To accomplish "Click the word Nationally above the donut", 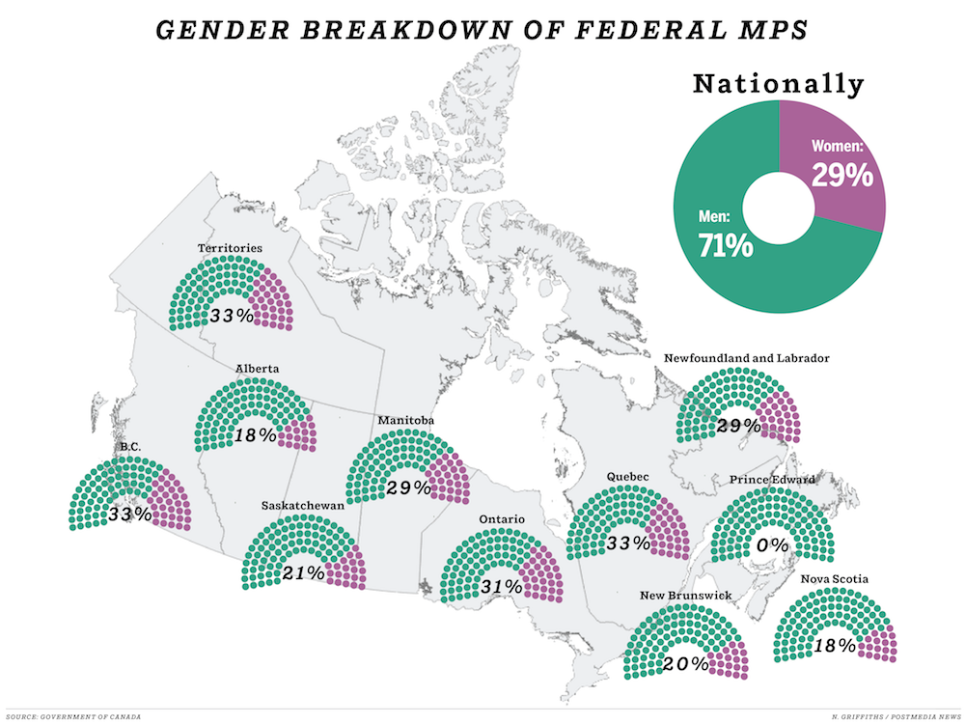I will click(x=778, y=85).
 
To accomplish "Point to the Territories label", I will click(x=230, y=248).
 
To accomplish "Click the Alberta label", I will click(x=258, y=369).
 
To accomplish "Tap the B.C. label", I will click(x=130, y=448).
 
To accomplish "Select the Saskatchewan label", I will click(x=303, y=505).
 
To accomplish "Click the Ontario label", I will click(x=502, y=519).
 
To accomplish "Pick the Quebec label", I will click(x=629, y=476).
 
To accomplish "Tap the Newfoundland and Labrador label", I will click(x=746, y=358).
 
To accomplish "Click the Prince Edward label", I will click(x=773, y=480).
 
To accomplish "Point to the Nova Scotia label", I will click(x=835, y=579).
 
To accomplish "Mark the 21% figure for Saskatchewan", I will click(x=302, y=572).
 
